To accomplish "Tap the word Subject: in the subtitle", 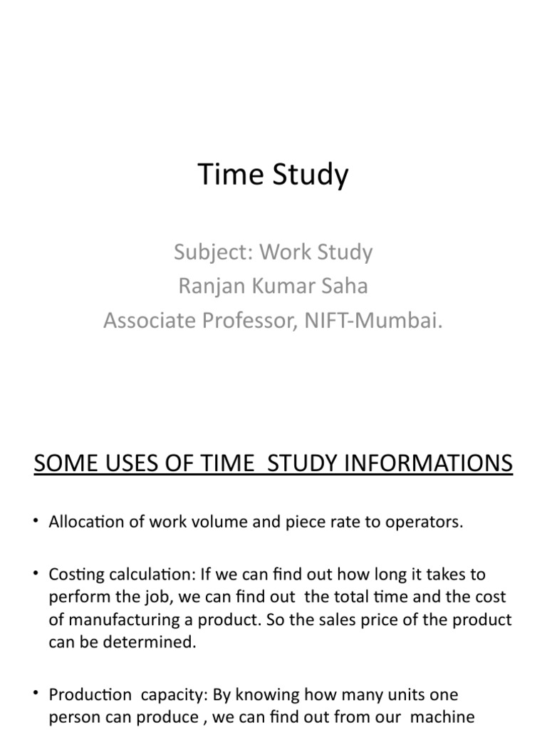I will pos(214,252).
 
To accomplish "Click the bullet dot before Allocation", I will pos(36,523).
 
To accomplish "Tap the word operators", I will pos(429,523).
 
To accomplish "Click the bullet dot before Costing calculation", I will pos(36,574).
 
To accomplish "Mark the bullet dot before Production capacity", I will pos(36,694).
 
